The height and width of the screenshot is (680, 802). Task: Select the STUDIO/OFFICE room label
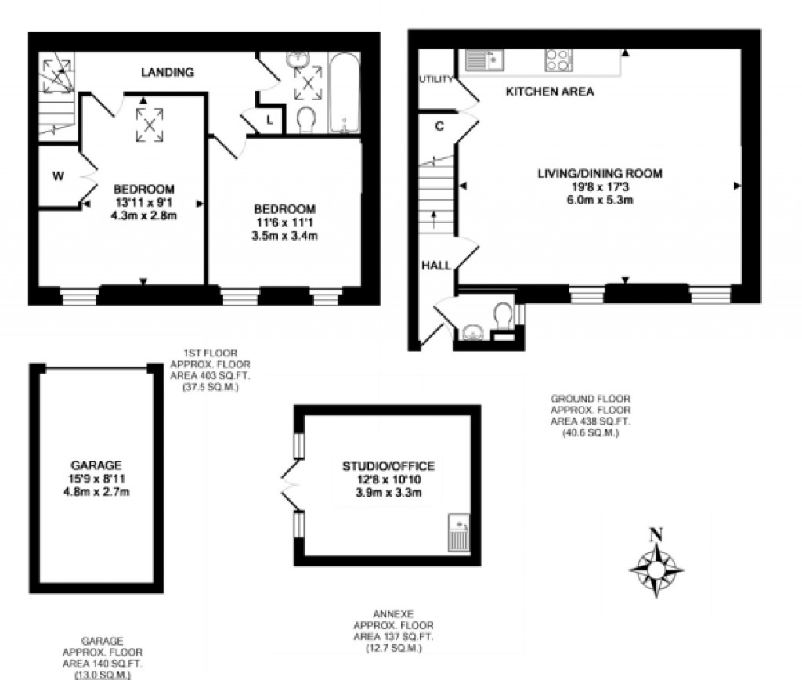(388, 466)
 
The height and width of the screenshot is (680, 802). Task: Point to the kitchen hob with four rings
(558, 60)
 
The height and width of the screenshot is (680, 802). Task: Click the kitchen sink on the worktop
(485, 60)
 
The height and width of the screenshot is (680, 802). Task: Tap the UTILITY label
(436, 80)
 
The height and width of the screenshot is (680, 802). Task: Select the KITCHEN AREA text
(549, 92)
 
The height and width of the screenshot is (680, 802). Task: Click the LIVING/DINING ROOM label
(600, 173)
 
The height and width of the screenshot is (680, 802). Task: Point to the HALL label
(436, 266)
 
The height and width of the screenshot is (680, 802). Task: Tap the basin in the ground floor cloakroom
(473, 332)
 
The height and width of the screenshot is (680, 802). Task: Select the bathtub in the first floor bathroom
(344, 93)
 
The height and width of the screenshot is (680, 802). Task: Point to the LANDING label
(167, 72)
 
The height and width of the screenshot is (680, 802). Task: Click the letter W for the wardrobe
(58, 176)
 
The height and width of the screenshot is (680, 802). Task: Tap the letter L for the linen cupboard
(269, 120)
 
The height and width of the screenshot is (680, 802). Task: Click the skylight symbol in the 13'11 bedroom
(149, 124)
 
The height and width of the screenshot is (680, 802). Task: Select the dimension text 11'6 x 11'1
(284, 222)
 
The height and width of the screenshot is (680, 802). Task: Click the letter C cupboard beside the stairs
(439, 126)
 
